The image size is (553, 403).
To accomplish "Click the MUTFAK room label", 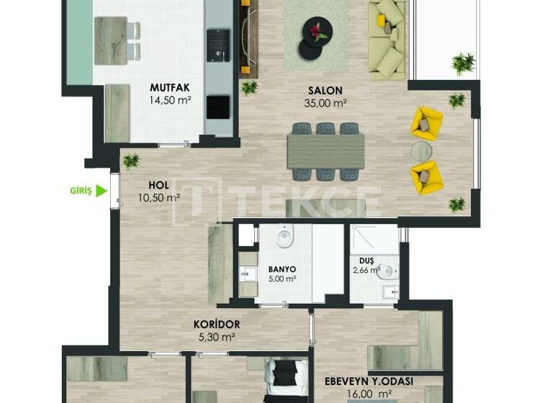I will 170,89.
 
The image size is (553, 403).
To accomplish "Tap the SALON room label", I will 325,91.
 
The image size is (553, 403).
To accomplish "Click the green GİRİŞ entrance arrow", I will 102,191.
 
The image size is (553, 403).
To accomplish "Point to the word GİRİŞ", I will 81,191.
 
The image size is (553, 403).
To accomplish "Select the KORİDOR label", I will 217,325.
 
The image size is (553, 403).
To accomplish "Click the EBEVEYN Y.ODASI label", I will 379,382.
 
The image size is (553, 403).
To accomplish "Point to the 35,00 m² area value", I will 325,103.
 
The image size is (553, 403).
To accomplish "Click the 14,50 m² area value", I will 170,101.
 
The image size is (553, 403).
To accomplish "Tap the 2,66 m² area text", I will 367,271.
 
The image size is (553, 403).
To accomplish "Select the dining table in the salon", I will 325,151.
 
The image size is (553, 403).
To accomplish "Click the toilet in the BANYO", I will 286,235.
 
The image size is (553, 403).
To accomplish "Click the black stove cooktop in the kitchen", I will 218,107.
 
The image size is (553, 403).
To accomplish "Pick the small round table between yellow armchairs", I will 421,149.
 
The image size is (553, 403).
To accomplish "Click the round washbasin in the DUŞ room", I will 387,271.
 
